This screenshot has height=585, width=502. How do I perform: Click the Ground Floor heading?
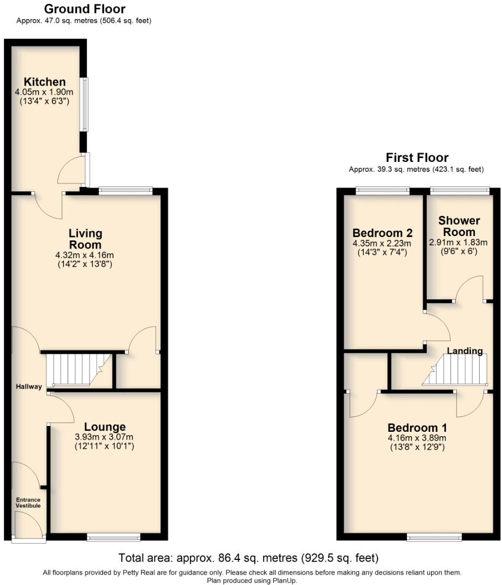[84, 9]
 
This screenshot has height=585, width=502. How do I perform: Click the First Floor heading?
[417, 158]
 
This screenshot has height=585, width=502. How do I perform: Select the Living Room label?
[85, 239]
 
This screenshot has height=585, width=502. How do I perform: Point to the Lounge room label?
[104, 427]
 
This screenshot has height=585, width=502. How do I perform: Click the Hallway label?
[28, 387]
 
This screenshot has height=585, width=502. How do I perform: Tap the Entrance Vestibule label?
[28, 503]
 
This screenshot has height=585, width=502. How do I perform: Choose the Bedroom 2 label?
[382, 232]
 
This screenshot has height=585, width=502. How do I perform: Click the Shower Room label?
[459, 226]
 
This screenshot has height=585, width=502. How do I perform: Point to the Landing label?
[465, 351]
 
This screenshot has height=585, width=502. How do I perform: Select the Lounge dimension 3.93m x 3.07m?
[104, 437]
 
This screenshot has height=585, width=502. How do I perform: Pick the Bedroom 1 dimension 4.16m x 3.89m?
[417, 438]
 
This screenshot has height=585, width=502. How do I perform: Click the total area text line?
[248, 558]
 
